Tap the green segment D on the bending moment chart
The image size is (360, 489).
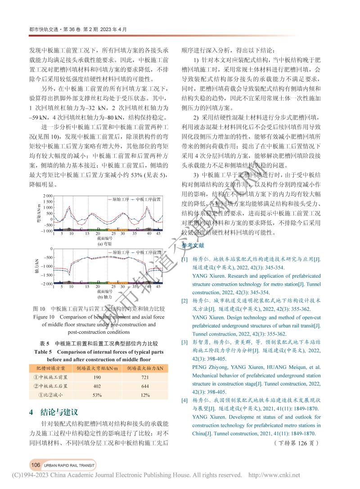pos(98,229)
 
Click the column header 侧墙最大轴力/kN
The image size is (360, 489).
pos(145,367)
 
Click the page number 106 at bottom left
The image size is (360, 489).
pos(35,465)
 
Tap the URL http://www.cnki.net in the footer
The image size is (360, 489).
pos(274,475)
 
